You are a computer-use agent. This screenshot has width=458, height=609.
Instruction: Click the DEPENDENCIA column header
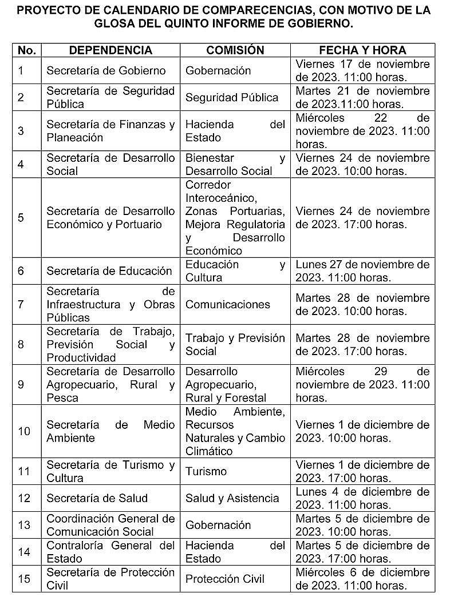[x=110, y=50]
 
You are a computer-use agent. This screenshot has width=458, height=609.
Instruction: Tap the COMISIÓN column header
[x=235, y=50]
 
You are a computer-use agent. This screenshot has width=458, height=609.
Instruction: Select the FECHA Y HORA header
[x=362, y=50]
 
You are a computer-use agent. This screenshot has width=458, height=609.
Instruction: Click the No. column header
[x=26, y=50]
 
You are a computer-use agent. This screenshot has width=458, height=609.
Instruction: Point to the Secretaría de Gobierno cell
[x=106, y=71]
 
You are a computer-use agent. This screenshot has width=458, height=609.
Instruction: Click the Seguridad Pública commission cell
[x=232, y=97]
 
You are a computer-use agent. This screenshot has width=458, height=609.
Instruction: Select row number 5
[x=21, y=218]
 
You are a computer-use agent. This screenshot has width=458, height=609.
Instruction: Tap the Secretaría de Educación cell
[x=109, y=271]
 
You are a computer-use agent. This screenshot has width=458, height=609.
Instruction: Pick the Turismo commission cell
[x=206, y=471]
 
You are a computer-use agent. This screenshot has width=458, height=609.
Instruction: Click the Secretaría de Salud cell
[x=97, y=498]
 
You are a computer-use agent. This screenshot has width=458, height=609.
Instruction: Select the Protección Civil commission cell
[x=225, y=579]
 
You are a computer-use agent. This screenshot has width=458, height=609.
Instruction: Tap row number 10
[x=24, y=431]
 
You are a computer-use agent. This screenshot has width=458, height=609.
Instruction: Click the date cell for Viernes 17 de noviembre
[x=362, y=71]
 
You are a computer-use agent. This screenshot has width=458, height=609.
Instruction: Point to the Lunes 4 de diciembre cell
[x=362, y=498]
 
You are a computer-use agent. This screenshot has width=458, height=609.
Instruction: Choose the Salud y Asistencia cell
[x=232, y=498]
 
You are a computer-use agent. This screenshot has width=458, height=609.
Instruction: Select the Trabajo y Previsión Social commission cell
[x=235, y=344]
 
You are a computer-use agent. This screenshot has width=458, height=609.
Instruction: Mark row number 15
[x=24, y=579]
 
